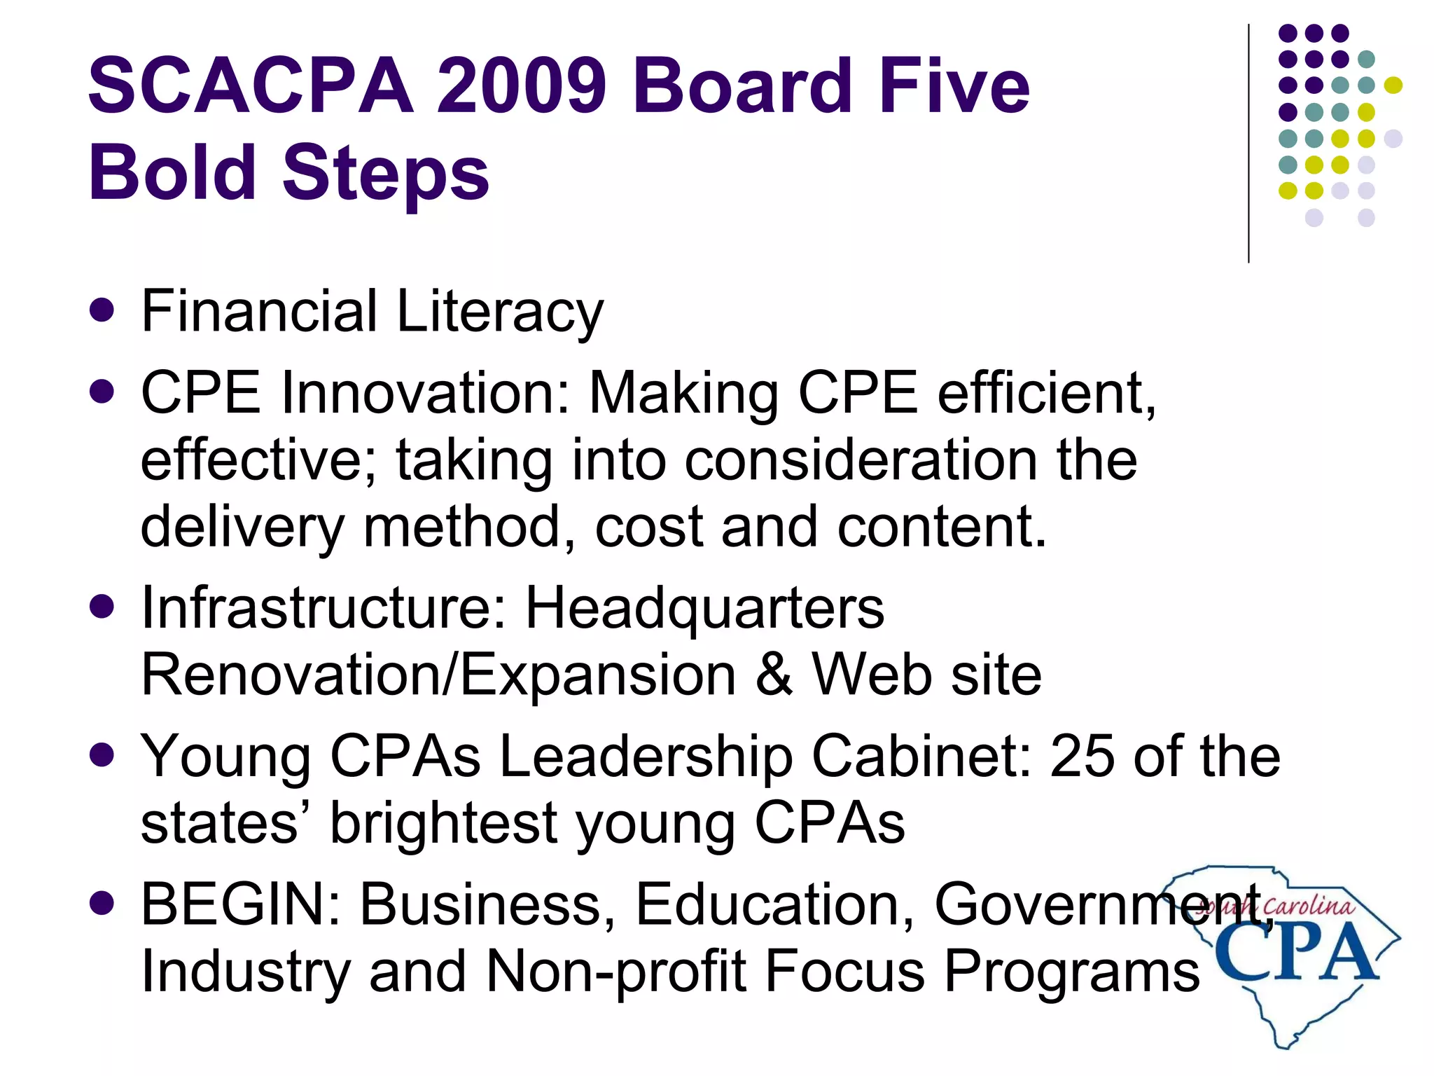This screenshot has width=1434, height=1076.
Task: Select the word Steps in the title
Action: pyautogui.click(x=385, y=172)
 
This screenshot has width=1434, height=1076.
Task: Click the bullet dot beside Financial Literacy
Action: pyautogui.click(x=102, y=310)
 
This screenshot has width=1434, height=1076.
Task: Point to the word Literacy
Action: pyautogui.click(x=499, y=312)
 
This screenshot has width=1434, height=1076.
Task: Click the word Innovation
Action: pyautogui.click(x=425, y=393)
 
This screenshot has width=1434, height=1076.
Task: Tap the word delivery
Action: pyautogui.click(x=242, y=527)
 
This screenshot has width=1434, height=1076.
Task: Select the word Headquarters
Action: pyautogui.click(x=704, y=607)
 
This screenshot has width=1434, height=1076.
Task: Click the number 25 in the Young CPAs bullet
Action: pyautogui.click(x=1082, y=757)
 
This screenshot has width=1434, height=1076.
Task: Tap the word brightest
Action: pyautogui.click(x=443, y=824)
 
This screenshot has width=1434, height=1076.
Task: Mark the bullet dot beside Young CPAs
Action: pyautogui.click(x=102, y=756)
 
